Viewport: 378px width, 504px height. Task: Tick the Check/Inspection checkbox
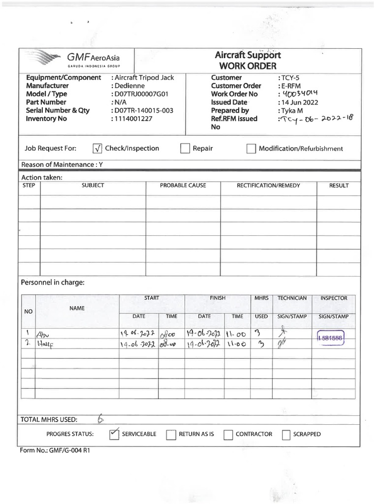(x=97, y=149)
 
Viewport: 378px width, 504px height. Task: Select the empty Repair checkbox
(x=185, y=149)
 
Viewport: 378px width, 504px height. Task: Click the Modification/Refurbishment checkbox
(x=251, y=149)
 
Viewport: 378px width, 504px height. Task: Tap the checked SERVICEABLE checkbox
(x=114, y=434)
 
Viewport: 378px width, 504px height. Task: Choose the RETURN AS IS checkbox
(x=171, y=435)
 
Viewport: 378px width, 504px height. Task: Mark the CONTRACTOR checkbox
(x=228, y=435)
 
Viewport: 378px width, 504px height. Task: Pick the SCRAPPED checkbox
(x=286, y=435)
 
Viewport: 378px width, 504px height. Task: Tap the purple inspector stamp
(x=330, y=338)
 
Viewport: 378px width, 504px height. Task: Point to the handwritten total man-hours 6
(x=100, y=419)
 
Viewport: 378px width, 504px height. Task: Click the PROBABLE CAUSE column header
(x=183, y=186)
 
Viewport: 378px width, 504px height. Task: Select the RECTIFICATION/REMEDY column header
(x=268, y=186)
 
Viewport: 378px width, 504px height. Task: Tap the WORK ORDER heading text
(x=248, y=66)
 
